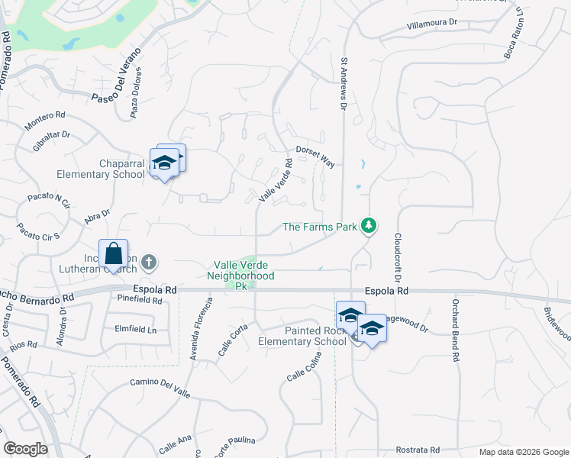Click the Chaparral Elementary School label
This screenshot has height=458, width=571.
tap(122, 169)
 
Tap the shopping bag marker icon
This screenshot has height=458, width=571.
tap(113, 253)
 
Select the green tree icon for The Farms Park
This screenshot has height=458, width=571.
tap(369, 226)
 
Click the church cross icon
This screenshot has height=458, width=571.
tap(149, 263)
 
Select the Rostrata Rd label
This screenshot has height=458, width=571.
tap(418, 450)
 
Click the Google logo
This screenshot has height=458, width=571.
tap(26, 449)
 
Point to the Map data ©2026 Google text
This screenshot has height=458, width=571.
tap(523, 452)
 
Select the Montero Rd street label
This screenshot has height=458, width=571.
tap(45, 118)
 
